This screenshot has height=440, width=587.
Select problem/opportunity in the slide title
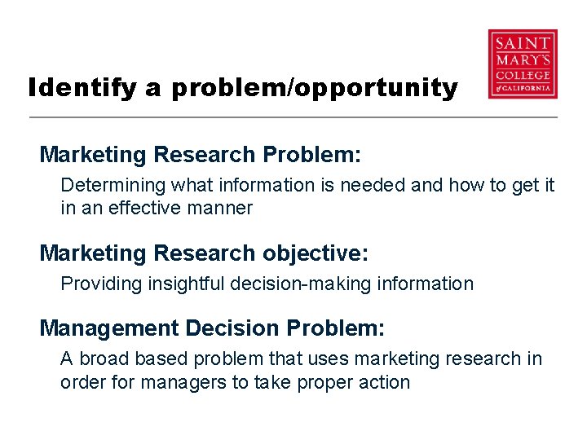315,88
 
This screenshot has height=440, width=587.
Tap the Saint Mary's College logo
523,64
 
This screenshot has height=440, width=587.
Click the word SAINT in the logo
523,42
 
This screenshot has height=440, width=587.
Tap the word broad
103,359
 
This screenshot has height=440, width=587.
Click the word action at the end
382,382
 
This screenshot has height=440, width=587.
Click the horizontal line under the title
293,118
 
